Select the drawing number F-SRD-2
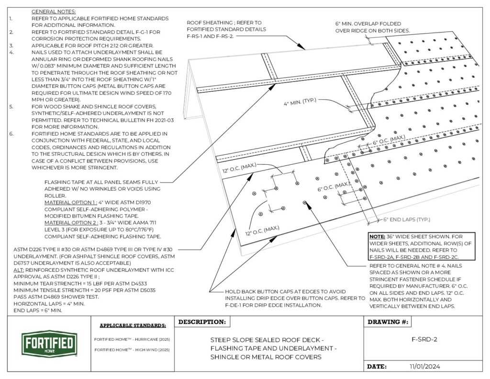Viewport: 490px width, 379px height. click(424, 340)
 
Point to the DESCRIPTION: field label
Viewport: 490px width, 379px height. click(202, 322)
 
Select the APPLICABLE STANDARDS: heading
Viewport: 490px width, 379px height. click(133, 325)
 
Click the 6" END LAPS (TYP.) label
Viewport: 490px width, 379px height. click(407, 219)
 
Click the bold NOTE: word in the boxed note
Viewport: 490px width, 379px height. click(378, 237)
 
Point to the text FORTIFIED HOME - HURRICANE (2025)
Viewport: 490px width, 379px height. click(132, 339)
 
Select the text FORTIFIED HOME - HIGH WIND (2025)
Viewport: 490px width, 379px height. click(132, 350)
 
